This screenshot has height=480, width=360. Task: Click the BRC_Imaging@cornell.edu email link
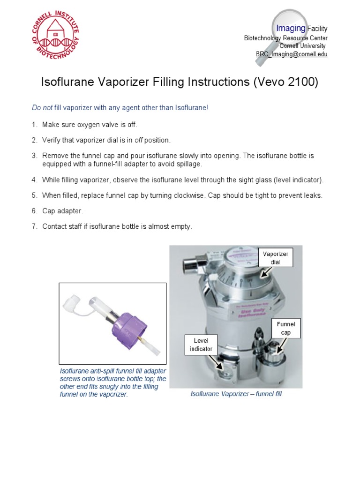(x=291, y=54)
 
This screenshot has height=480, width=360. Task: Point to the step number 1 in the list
(x=34, y=125)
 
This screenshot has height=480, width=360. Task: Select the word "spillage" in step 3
(x=187, y=164)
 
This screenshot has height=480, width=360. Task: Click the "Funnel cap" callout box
(x=285, y=328)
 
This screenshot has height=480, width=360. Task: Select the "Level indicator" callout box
(x=201, y=345)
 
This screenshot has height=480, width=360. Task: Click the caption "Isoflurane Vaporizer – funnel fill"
(x=236, y=394)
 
